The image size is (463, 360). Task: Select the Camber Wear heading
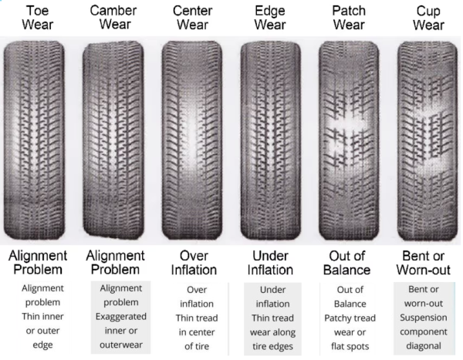(113, 17)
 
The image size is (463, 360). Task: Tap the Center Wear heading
(192, 17)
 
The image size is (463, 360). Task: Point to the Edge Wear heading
(270, 17)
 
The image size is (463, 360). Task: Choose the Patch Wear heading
(349, 17)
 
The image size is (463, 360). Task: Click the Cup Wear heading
(428, 17)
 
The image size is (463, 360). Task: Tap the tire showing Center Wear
(192, 139)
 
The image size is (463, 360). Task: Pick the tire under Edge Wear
(270, 139)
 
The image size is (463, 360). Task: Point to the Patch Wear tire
(349, 139)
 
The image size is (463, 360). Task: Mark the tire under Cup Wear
(427, 139)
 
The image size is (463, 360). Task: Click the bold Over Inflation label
(192, 262)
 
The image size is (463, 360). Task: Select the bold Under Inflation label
(270, 262)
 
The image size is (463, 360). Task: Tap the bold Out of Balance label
(349, 262)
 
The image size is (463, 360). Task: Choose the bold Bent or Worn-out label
(428, 262)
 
